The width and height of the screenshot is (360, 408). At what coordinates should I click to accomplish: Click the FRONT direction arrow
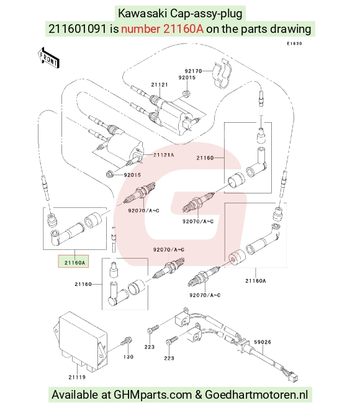[48, 58]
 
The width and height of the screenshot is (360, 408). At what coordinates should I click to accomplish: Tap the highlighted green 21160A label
[74, 262]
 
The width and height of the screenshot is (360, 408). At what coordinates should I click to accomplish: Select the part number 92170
[193, 71]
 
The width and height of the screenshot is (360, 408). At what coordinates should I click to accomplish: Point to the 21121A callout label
[164, 155]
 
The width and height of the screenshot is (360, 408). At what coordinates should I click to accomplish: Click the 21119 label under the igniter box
[77, 377]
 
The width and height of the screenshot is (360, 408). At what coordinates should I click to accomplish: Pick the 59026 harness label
[263, 342]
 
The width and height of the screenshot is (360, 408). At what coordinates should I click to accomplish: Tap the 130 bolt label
[128, 357]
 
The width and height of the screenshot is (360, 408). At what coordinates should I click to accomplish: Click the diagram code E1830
[295, 43]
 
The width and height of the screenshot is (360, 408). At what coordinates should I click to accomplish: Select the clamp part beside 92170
[222, 74]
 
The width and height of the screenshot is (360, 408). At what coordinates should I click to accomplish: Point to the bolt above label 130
[127, 341]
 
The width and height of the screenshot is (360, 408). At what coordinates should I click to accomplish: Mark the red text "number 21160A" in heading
[162, 29]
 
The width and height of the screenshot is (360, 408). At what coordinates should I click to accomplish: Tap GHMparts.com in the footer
[153, 395]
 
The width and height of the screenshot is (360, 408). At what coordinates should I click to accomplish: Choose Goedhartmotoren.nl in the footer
[256, 394]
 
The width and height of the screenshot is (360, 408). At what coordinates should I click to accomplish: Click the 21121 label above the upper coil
[160, 84]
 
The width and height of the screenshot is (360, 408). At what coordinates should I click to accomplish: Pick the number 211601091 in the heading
[78, 29]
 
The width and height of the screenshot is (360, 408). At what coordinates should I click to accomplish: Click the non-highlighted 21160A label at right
[256, 281]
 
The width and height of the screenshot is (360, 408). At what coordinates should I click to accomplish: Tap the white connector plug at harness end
[294, 376]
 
